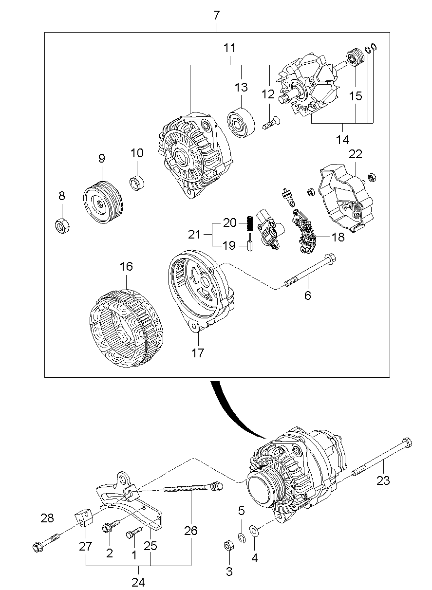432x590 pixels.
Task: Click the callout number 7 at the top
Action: pos(216,16)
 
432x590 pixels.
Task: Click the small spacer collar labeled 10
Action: pos(137,182)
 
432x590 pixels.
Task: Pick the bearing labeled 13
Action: pos(241,122)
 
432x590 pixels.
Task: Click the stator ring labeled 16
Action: pos(127,328)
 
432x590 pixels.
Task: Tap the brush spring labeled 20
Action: pos(250,223)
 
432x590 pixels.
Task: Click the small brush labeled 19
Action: pos(250,242)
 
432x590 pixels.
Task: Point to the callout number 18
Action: pos(338,237)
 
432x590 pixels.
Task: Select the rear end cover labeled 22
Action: pos(346,197)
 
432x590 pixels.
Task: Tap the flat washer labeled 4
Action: pos(254,530)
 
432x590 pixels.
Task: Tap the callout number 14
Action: pos(342,140)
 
